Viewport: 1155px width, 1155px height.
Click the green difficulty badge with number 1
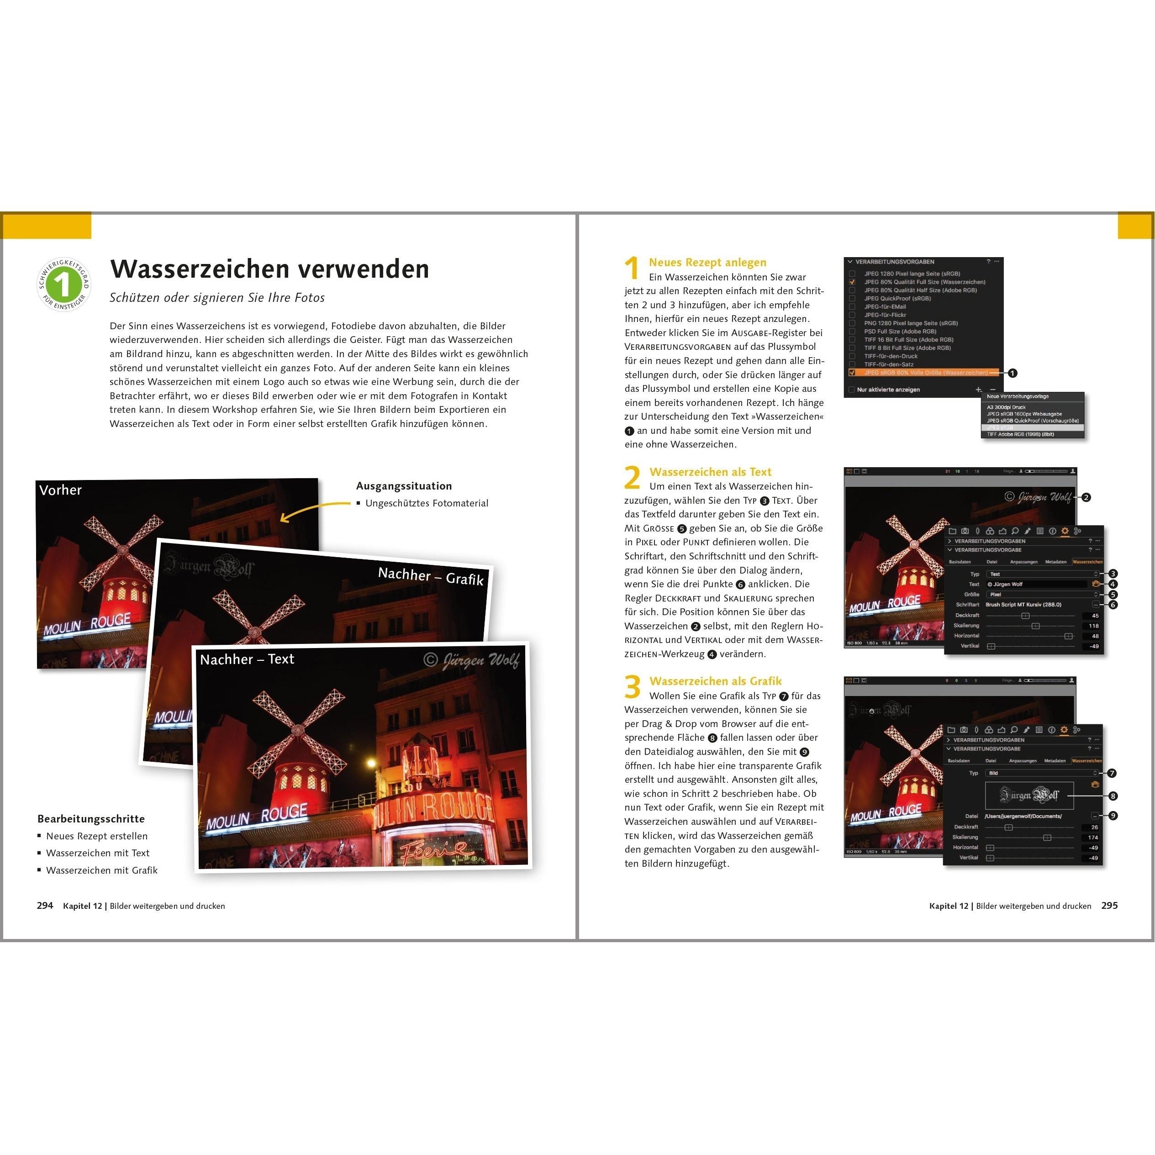coord(63,285)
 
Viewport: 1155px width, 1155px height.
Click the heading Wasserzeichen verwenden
coord(269,269)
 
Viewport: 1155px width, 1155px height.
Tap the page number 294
coord(45,905)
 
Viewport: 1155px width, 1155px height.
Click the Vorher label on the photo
coord(60,490)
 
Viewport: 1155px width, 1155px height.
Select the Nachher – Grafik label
coord(430,576)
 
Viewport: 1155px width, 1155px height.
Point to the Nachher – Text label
coord(247,659)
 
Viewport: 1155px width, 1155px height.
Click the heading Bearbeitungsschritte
coord(91,818)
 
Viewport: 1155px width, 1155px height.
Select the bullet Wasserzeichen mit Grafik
coord(102,870)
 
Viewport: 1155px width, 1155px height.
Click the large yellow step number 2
coord(632,478)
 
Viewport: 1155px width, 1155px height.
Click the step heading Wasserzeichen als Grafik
coord(715,681)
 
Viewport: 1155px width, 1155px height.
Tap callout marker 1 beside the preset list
coord(1012,373)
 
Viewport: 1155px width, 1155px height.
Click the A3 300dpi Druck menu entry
coord(1006,407)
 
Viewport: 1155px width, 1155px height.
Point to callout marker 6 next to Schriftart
coord(1113,605)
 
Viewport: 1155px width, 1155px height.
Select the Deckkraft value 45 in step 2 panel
coord(1095,616)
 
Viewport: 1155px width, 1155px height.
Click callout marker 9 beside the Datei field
coord(1113,815)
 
